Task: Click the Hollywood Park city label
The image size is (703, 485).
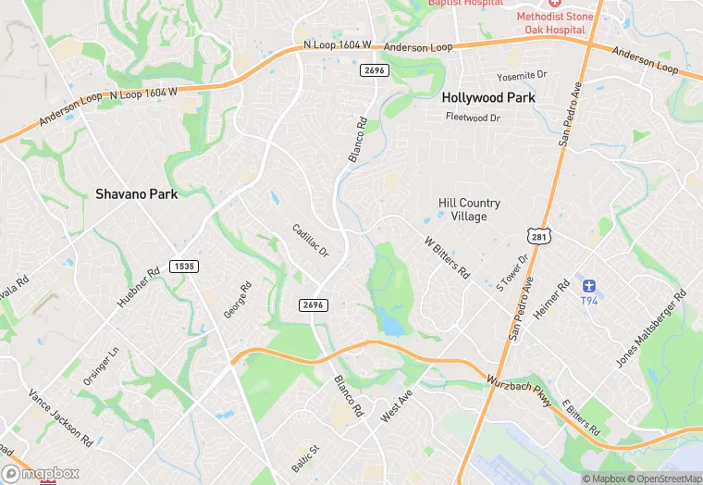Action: tap(483, 96)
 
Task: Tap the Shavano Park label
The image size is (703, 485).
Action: tap(136, 194)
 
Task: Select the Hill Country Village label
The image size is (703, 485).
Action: tap(469, 209)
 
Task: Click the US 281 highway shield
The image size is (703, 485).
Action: tap(541, 238)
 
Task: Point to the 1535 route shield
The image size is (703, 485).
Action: tap(183, 267)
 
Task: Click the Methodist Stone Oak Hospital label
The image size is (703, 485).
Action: tap(555, 22)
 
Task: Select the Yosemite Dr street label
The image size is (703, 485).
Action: tap(523, 74)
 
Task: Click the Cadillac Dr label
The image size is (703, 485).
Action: tap(310, 241)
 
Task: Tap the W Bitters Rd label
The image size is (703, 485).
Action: tap(448, 256)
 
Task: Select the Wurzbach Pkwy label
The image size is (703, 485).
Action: tap(519, 390)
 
